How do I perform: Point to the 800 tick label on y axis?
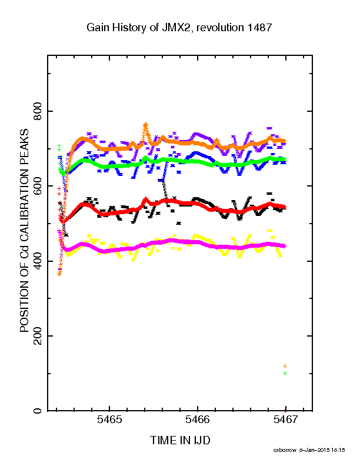point(38,111)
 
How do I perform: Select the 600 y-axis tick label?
point(38,186)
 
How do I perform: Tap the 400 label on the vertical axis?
point(38,261)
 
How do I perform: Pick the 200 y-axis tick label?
point(38,336)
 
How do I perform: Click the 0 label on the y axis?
point(38,411)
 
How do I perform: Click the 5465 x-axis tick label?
point(109,420)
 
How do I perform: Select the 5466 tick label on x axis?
point(198,420)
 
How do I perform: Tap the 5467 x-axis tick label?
point(285,420)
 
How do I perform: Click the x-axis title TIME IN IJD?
point(180,440)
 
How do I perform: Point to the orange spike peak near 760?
point(145,125)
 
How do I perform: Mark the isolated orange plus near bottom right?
point(285,366)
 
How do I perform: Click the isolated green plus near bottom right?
point(285,373)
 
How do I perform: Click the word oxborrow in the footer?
point(285,450)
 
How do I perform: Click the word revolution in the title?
point(220,27)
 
